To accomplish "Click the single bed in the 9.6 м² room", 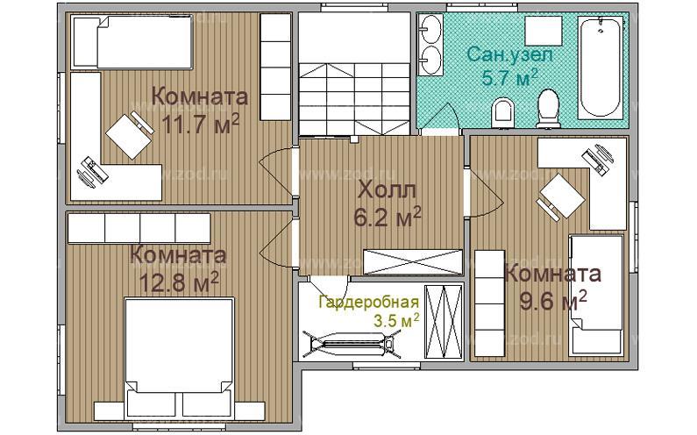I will [x=598, y=294].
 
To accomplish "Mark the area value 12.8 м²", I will [x=178, y=282].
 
